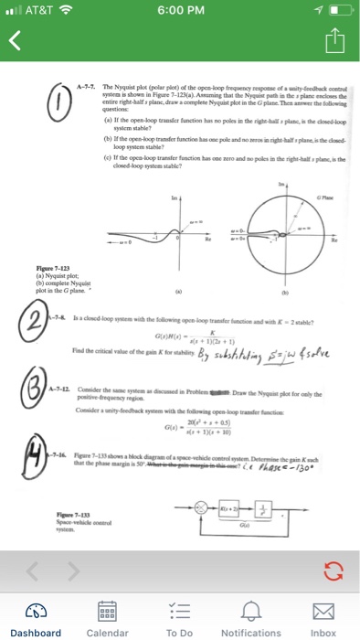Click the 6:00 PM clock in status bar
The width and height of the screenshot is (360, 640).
[179, 11]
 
